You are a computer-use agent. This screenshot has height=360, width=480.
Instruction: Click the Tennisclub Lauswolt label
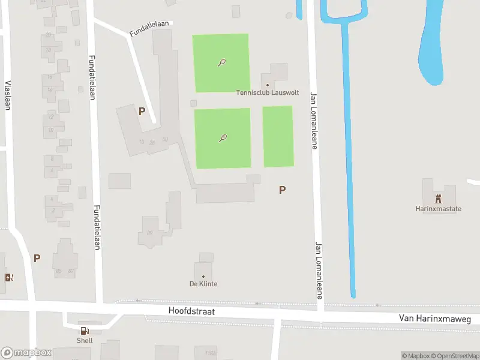point(268,94)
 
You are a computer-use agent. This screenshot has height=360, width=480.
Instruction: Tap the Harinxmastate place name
point(438,209)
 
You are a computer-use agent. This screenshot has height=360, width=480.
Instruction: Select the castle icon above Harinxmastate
point(438,199)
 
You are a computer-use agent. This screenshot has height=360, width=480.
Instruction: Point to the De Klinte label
point(203,284)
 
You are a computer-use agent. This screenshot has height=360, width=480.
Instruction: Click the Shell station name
point(85,340)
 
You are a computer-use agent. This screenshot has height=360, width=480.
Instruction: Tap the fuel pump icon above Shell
point(85,331)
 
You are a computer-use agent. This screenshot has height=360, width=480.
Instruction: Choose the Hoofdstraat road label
point(192,312)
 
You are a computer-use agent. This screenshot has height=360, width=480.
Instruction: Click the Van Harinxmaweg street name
point(435,319)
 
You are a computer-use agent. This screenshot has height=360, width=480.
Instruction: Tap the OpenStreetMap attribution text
point(455,356)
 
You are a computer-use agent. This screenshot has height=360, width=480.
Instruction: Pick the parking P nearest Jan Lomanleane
point(282,190)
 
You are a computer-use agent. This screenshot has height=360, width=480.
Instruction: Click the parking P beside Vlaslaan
point(37,258)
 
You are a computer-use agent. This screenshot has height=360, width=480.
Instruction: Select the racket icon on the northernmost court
point(221,62)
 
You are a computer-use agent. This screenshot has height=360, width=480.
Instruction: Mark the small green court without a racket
point(278,136)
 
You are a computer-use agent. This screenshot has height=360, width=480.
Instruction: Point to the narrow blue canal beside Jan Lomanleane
point(349,180)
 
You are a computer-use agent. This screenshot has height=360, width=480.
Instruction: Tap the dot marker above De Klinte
point(203,276)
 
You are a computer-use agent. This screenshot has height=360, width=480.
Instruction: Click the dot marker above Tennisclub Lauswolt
point(268,85)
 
